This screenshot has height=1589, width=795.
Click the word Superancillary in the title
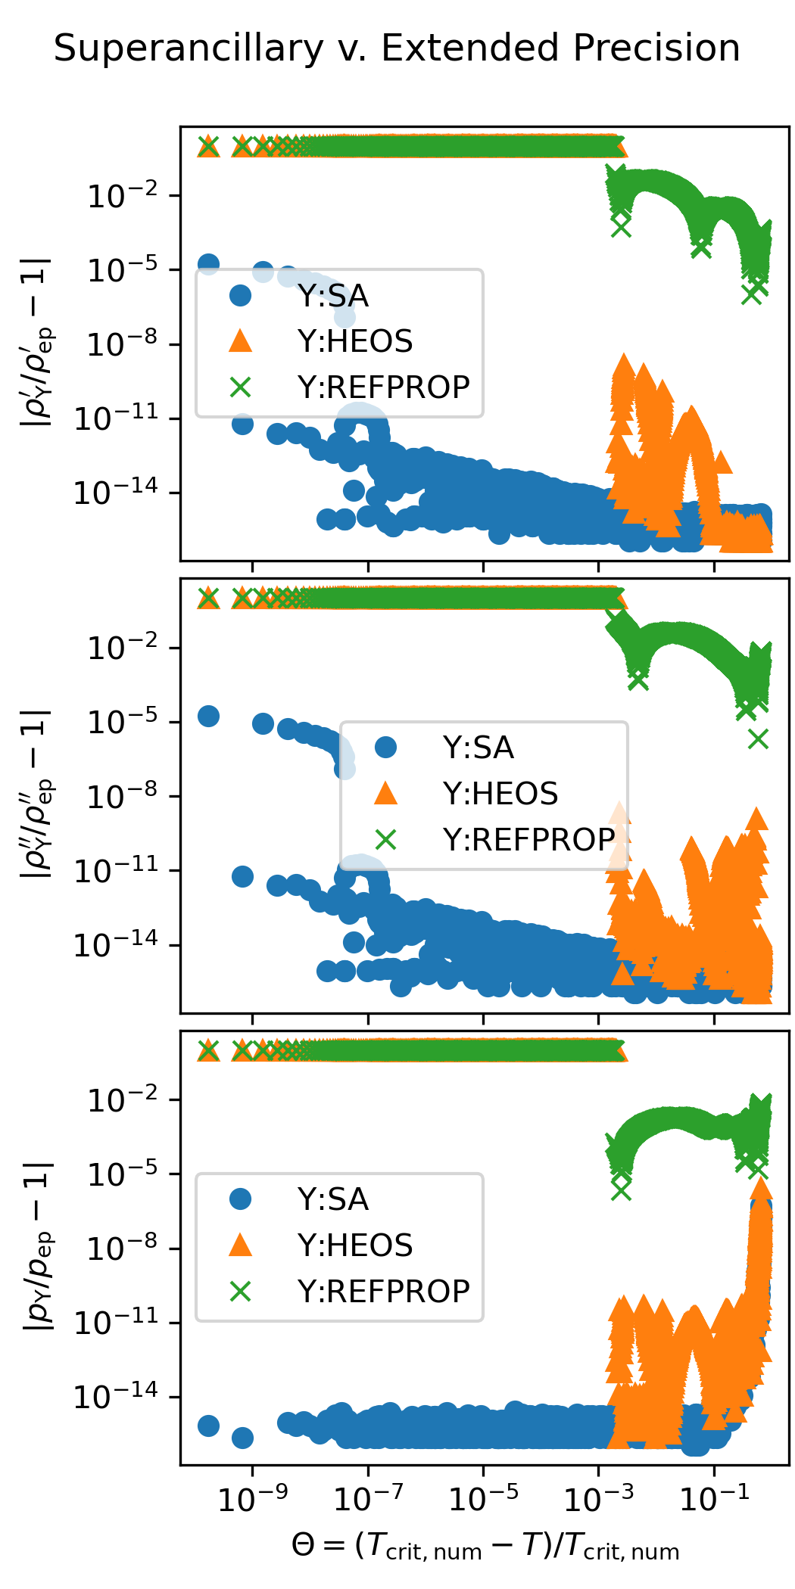pos(189,49)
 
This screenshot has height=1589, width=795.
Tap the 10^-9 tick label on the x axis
pos(252,1497)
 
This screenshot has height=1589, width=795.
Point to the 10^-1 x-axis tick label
pos(714,1497)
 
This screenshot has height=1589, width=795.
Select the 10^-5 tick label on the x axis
pos(483,1497)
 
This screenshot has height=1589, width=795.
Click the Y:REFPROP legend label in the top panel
pos(383,387)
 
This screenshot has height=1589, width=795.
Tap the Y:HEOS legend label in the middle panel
pos(500,794)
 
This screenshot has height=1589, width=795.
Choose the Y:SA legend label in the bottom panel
pos(333,1199)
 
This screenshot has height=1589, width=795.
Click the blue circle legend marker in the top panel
pos(240,295)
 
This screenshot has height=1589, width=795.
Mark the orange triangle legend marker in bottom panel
pos(240,1245)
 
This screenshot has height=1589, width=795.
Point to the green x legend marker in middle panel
pos(385,839)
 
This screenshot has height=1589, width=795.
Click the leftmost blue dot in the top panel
pos(208,264)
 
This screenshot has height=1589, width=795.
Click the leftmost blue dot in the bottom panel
pos(208,1426)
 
